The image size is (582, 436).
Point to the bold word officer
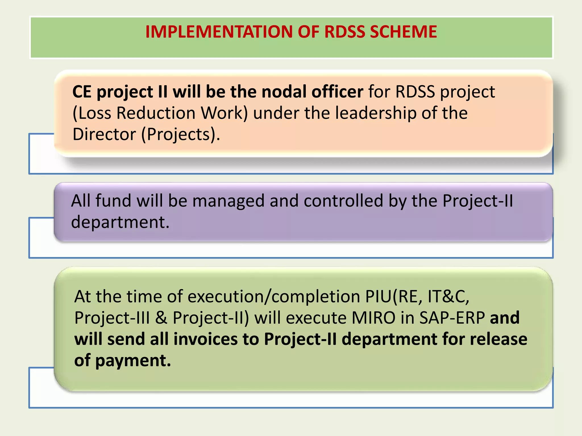pos(337,92)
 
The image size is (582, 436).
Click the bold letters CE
pos(82,92)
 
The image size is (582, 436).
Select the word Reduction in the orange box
pos(156,113)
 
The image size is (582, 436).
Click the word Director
pos(104,134)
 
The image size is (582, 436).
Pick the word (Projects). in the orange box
pos(181,134)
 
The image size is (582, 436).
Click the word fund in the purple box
pos(113,201)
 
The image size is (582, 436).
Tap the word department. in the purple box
pos(120,222)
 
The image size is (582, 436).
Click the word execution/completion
pos(274,297)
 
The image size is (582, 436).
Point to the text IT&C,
pos(448,297)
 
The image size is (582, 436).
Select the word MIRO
pos(373,318)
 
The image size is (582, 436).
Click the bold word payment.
pos(133,360)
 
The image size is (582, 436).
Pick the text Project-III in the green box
pos(112,318)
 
